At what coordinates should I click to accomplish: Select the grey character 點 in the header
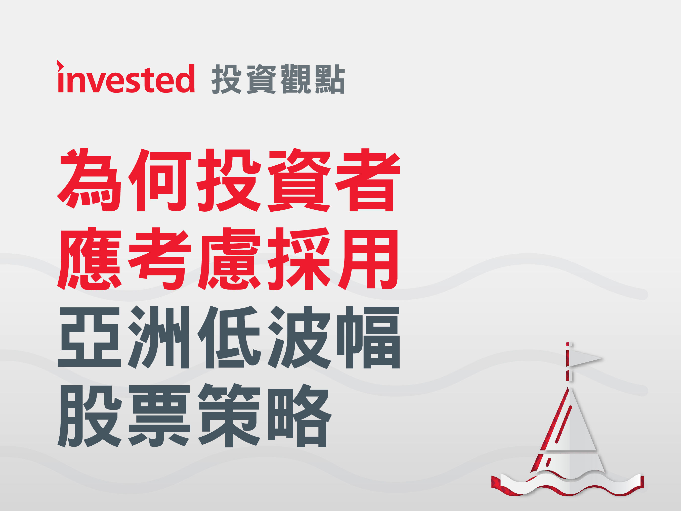point(330,79)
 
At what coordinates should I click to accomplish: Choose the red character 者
point(368,180)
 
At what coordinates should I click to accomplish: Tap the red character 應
point(90,259)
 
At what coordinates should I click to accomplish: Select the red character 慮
point(229,259)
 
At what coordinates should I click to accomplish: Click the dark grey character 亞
point(90,337)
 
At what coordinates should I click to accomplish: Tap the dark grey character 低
point(229,337)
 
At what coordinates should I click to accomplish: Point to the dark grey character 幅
point(368,337)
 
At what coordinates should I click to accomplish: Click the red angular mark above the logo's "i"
point(60,66)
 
